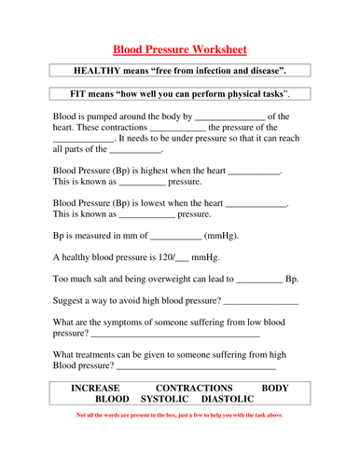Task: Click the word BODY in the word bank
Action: pos(276,387)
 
